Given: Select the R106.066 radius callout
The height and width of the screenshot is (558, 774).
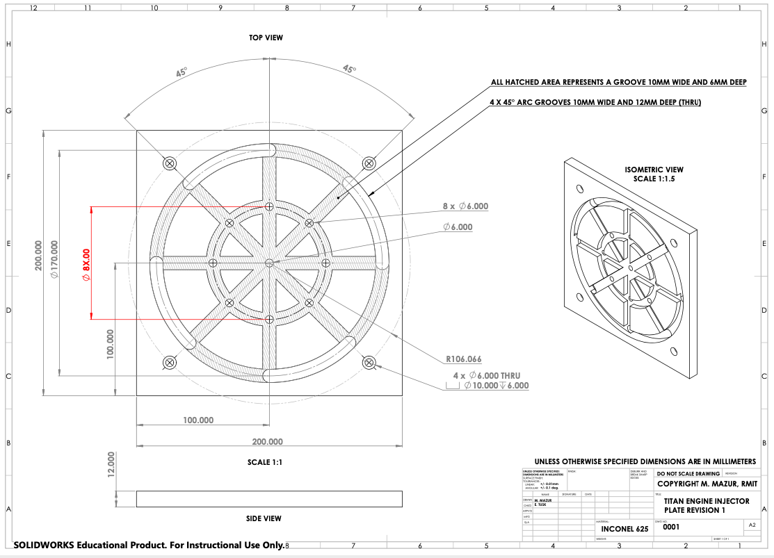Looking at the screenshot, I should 464,359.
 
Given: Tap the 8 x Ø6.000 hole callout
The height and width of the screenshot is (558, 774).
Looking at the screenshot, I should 465,206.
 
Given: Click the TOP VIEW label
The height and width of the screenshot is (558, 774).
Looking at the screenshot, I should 266,38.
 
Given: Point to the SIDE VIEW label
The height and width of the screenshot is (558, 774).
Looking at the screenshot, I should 264,518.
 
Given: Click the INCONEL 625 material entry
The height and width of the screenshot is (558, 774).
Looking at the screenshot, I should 624,529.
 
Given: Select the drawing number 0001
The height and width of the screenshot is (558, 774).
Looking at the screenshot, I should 671,527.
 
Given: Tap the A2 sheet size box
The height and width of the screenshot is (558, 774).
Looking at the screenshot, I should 752,525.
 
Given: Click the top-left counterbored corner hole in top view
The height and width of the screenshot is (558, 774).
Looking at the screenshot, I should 170,163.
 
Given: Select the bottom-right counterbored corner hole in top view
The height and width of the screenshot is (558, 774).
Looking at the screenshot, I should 369,362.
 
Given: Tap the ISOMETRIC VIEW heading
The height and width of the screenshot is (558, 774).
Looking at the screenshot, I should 654,170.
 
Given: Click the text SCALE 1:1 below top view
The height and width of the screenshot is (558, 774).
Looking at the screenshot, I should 265,462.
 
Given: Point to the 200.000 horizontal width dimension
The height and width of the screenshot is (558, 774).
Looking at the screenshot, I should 267,441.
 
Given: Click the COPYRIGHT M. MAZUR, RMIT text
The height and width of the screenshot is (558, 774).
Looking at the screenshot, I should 707,484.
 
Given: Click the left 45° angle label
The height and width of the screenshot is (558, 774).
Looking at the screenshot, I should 181,72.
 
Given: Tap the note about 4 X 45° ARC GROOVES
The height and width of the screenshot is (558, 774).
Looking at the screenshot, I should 596,102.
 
